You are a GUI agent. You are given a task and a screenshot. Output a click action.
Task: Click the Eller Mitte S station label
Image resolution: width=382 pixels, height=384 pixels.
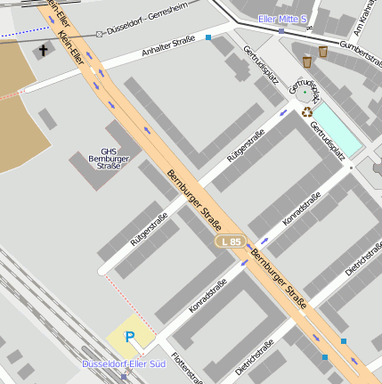[x=281, y=19]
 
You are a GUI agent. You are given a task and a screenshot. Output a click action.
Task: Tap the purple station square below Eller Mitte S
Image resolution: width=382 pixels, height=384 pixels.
[x=281, y=31]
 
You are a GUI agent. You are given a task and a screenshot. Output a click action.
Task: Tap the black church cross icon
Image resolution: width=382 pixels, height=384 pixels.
[x=44, y=52]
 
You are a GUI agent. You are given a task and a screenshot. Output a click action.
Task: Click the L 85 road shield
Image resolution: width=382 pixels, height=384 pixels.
[x=230, y=242]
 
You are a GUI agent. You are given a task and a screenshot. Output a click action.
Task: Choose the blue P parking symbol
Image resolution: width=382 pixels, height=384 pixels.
[x=130, y=337]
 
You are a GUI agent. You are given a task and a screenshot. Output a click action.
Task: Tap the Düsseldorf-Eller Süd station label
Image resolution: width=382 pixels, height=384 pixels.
[x=123, y=364]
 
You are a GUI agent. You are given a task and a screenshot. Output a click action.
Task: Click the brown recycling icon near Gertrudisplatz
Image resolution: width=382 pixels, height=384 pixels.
[x=308, y=112]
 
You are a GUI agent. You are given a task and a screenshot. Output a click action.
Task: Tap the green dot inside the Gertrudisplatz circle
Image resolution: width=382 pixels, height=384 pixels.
[x=305, y=91]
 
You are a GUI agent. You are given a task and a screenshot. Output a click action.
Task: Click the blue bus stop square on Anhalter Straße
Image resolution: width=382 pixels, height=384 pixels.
[x=208, y=37]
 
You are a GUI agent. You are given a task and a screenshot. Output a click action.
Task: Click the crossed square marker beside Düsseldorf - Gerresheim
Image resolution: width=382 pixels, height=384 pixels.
[x=99, y=33]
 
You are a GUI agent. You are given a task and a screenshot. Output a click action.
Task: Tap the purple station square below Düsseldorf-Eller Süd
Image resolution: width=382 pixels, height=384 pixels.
[x=123, y=377]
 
